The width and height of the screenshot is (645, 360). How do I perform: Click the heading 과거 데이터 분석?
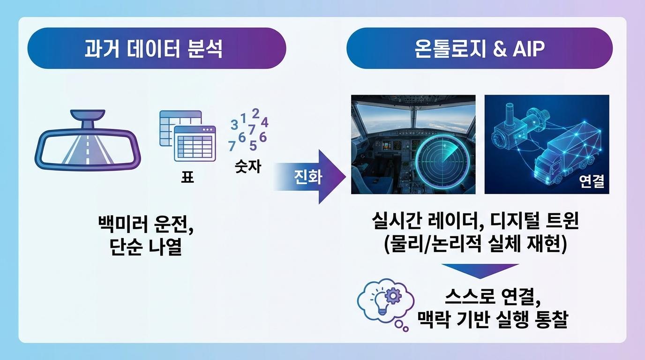(x=153, y=48)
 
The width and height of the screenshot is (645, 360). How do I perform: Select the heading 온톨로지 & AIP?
(x=480, y=48)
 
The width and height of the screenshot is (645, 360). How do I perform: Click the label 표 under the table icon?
(x=187, y=177)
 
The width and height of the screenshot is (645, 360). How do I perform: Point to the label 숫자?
(x=248, y=166)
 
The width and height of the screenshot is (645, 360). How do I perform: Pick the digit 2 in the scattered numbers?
(x=255, y=113)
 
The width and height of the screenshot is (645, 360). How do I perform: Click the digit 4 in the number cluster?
(x=264, y=122)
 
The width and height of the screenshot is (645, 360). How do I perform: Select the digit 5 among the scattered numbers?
(x=253, y=145)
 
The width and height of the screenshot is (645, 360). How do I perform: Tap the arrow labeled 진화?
(x=309, y=177)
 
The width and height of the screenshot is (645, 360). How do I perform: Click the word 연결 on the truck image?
(x=592, y=181)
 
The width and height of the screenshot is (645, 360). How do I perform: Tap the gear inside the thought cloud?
(x=393, y=295)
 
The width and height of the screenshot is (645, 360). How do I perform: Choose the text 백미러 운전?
(x=146, y=225)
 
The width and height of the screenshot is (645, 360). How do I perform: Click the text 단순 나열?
(x=146, y=247)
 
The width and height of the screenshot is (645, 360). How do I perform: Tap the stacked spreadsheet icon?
(x=187, y=135)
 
